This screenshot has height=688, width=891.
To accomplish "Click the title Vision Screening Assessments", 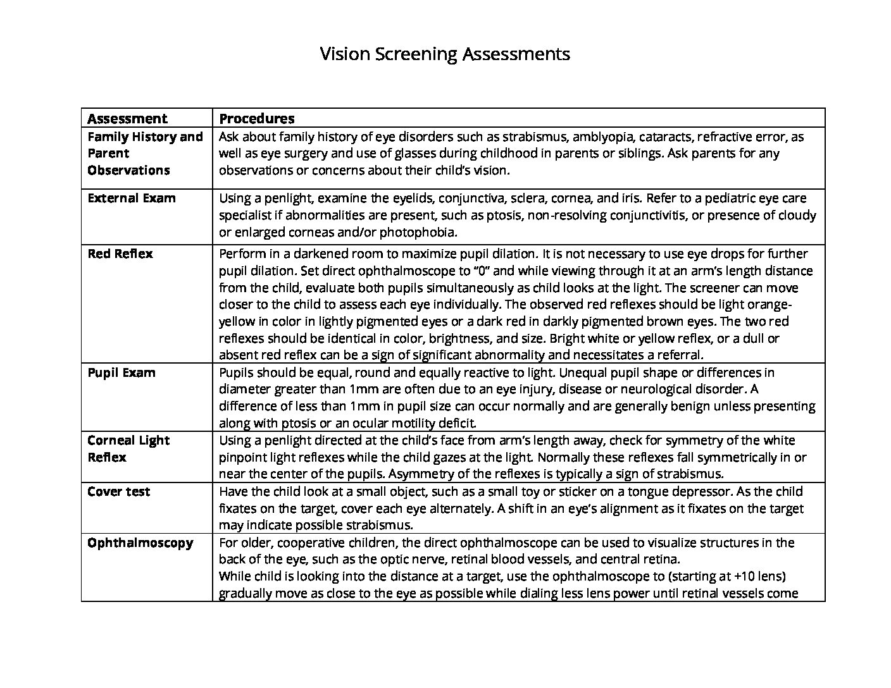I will click(444, 54).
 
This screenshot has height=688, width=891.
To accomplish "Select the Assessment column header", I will click(127, 118).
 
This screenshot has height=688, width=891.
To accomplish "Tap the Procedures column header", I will click(256, 118).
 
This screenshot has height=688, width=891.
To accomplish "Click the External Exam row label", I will click(131, 198).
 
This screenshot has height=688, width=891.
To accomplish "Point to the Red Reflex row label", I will click(120, 254).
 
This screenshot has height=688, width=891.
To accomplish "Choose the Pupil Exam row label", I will click(121, 372).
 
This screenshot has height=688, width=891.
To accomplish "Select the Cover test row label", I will click(118, 491).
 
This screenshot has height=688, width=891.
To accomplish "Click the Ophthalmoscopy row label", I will click(140, 543).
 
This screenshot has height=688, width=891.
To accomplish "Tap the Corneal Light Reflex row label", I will click(128, 448).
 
